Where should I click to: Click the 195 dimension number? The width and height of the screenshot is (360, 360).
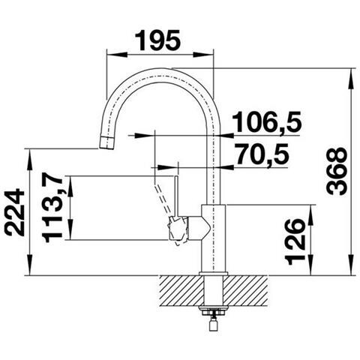click(157, 40)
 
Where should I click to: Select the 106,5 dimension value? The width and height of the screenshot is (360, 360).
click(267, 122)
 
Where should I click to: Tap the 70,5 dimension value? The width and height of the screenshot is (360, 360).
click(262, 155)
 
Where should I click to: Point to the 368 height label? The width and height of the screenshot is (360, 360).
click(337, 172)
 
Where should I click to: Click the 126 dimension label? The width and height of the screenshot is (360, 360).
click(296, 241)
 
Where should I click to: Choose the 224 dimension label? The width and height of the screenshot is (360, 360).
click(16, 212)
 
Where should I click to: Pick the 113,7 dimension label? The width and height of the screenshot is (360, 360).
click(52, 208)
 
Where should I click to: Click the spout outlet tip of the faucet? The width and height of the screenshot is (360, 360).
click(106, 143)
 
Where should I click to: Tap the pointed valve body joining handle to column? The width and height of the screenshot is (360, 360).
click(197, 228)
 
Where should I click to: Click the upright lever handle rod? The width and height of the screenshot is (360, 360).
click(175, 196)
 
